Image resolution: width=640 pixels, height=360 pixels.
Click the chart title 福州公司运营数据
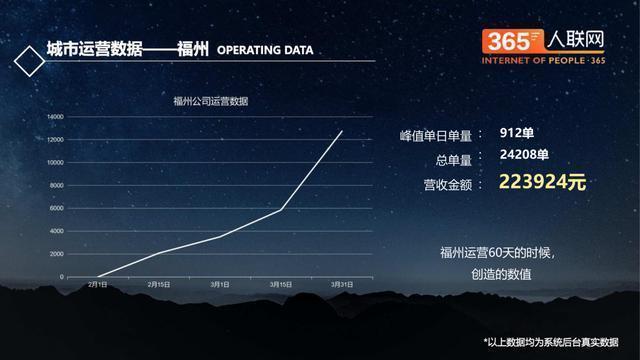(210, 100)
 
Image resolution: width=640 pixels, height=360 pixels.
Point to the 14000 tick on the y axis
(56, 116)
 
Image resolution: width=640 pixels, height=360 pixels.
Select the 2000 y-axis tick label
(57, 254)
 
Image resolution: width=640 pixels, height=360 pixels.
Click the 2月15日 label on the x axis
(158, 286)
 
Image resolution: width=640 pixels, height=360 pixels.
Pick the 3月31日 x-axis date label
(342, 286)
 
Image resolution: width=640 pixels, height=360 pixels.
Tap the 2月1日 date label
(98, 286)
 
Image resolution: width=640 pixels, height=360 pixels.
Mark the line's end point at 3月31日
(342, 131)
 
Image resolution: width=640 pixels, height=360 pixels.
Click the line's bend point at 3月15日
(281, 209)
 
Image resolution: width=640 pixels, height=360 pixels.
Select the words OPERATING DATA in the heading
(265, 49)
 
